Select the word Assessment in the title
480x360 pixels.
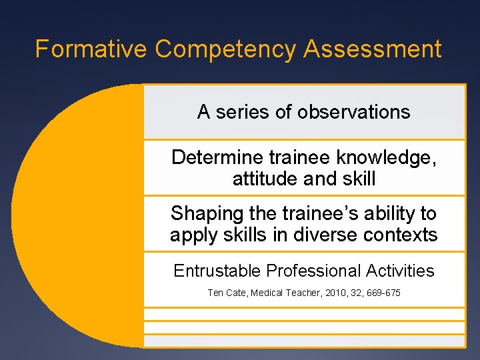click(373, 49)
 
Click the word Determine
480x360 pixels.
click(217, 157)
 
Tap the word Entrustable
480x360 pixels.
click(217, 271)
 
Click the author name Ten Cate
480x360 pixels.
click(227, 293)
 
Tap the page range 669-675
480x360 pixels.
click(383, 293)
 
